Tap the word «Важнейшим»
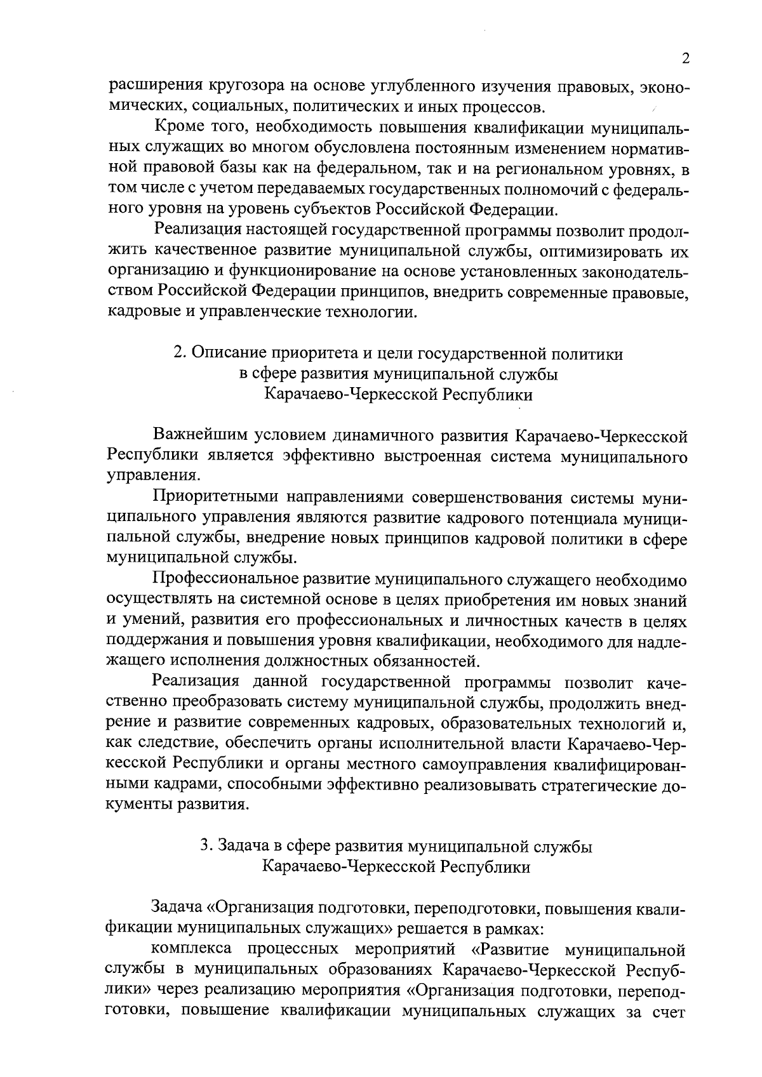pos(198,436)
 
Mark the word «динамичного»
pos(338,436)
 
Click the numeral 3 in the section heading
pos(205,846)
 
